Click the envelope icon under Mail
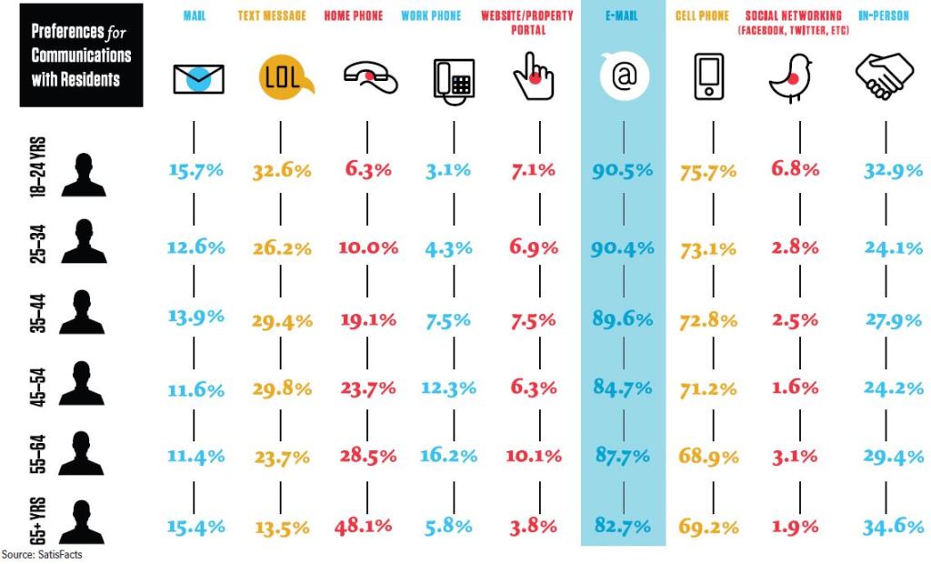coord(197,79)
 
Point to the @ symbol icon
coord(623,78)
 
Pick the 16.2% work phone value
coord(449,456)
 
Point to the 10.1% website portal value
coord(534,456)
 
